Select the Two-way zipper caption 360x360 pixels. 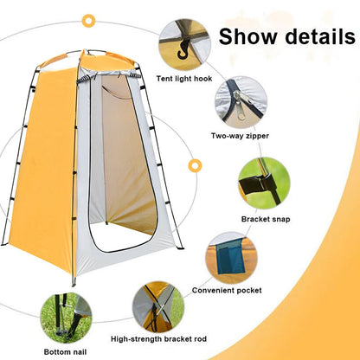pyautogui.click(x=239, y=136)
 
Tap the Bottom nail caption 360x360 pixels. pyautogui.click(x=67, y=352)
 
